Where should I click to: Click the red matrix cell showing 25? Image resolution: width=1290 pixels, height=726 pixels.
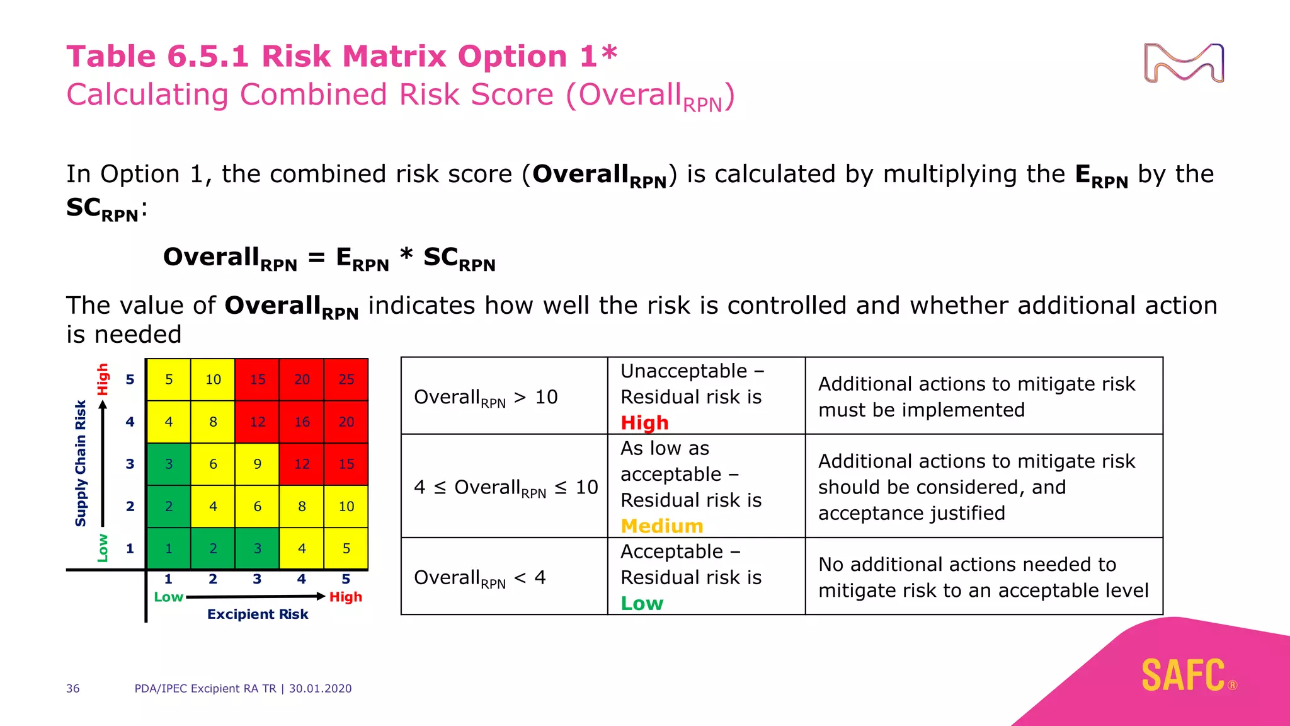click(x=346, y=379)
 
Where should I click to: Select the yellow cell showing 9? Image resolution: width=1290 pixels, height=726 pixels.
click(x=258, y=464)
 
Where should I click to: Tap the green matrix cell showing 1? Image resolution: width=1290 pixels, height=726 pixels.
click(x=168, y=548)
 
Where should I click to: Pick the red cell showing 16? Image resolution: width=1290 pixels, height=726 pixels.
click(x=302, y=422)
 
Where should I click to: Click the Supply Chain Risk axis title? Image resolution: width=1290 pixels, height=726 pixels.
click(x=80, y=463)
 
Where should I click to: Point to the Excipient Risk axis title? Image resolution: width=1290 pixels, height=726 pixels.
click(x=258, y=614)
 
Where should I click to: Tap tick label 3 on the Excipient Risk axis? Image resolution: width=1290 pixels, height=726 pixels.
click(x=257, y=579)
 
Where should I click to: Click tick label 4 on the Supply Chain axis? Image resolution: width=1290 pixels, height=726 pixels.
click(x=130, y=422)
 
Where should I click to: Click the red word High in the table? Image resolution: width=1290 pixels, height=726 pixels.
click(x=644, y=423)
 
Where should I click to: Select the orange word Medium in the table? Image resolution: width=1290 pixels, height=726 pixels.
click(x=661, y=526)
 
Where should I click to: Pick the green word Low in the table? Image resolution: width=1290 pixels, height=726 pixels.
click(x=642, y=603)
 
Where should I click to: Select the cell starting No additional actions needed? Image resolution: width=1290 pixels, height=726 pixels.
click(x=983, y=577)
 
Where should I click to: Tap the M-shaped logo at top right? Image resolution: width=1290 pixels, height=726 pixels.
click(x=1184, y=63)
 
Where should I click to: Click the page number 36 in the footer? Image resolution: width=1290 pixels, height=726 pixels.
click(x=73, y=688)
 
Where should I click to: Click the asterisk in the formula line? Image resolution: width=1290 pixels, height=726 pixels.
click(x=406, y=255)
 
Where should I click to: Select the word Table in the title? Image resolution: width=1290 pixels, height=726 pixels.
click(x=111, y=56)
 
